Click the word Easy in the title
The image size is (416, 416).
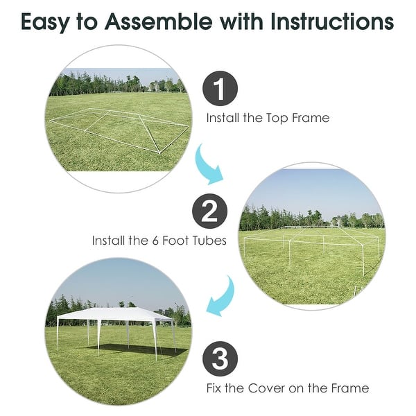(x=47, y=22)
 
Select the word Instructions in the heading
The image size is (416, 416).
(x=332, y=22)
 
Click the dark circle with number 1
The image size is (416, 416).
(x=220, y=90)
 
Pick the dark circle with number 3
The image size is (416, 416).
(x=220, y=359)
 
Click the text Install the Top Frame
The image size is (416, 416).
(x=267, y=118)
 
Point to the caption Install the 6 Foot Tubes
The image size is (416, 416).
(x=159, y=241)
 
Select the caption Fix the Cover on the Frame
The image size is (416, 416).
(x=287, y=388)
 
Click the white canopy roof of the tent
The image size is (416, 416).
(x=114, y=315)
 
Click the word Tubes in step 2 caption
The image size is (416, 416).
(x=210, y=241)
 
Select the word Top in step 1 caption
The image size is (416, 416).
(x=279, y=118)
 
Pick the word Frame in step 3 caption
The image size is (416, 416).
(x=351, y=388)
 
